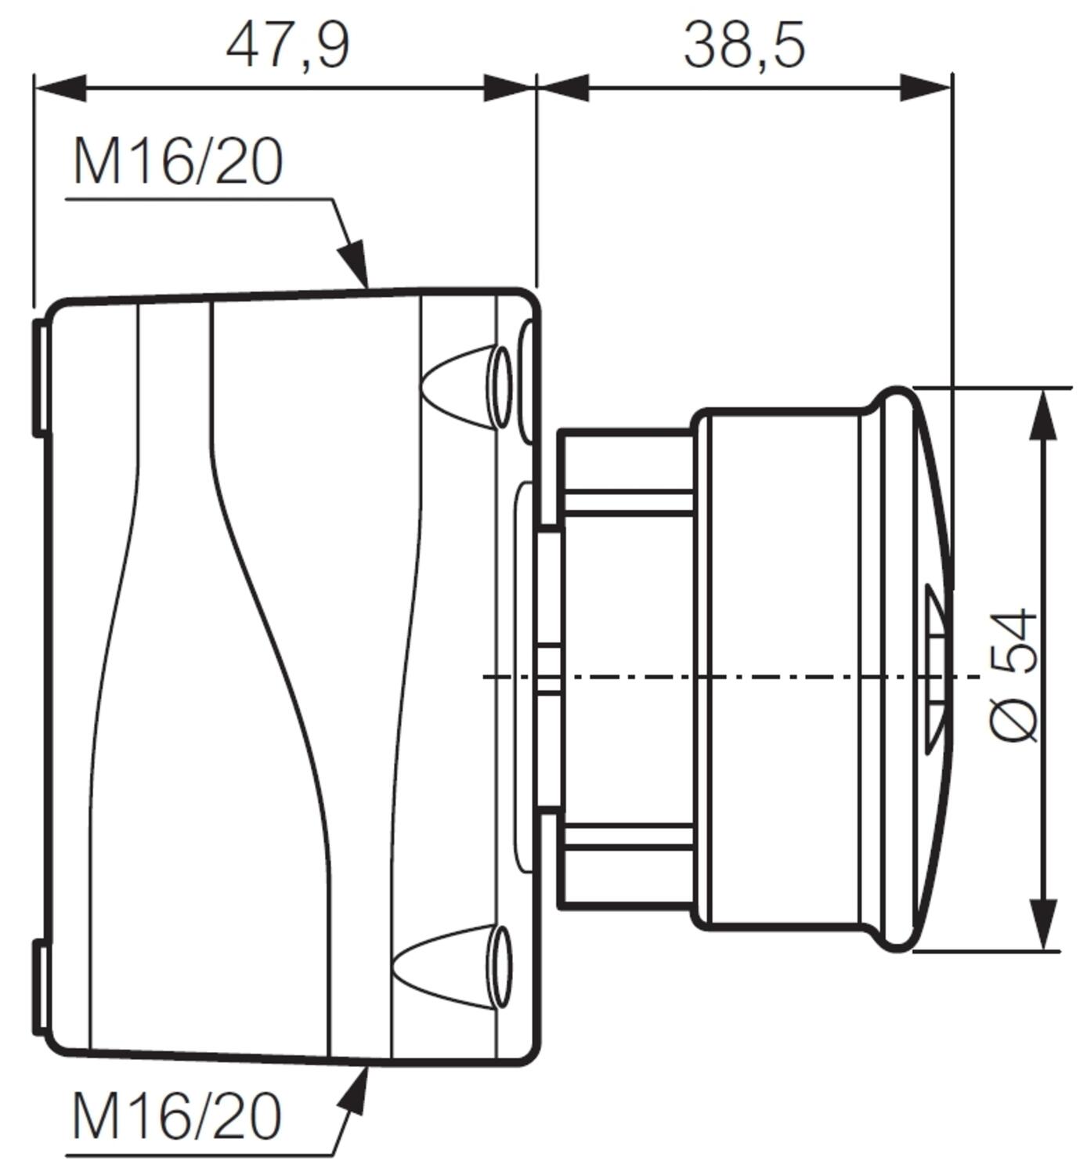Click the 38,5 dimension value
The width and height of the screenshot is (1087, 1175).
(x=744, y=45)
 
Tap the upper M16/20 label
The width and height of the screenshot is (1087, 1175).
(x=177, y=163)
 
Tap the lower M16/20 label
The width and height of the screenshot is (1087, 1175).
(x=176, y=1115)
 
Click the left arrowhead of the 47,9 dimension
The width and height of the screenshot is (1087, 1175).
(x=58, y=88)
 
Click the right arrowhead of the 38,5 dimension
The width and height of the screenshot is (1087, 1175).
(x=927, y=88)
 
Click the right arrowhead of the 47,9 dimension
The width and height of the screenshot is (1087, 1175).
(x=510, y=88)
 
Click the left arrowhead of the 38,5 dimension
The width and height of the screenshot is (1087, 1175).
(x=563, y=88)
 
